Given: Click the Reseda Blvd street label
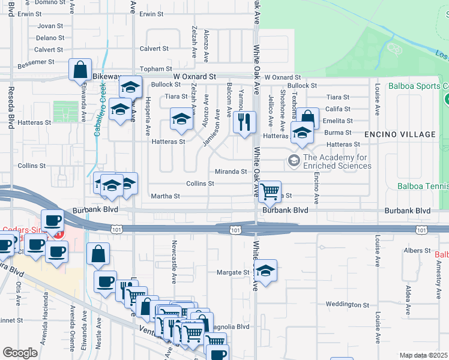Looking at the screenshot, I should [11, 108].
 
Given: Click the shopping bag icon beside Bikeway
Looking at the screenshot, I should [80, 71].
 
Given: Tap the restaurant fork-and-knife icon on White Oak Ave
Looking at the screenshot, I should [244, 123].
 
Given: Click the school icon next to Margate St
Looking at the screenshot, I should [265, 271].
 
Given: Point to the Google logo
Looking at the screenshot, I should [20, 352].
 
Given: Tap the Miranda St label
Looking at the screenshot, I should [231, 172].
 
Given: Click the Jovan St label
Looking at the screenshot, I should [50, 26].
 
